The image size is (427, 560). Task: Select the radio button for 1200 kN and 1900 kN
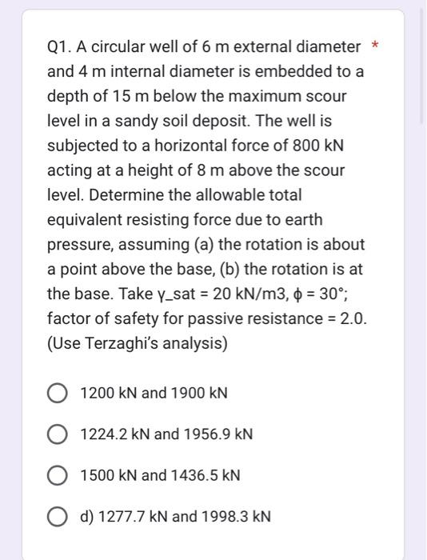tap(58, 394)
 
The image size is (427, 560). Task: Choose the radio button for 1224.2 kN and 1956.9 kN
tap(58, 434)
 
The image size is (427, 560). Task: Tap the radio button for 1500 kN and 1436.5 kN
tap(58, 475)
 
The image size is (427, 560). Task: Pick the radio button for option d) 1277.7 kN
tap(58, 516)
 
